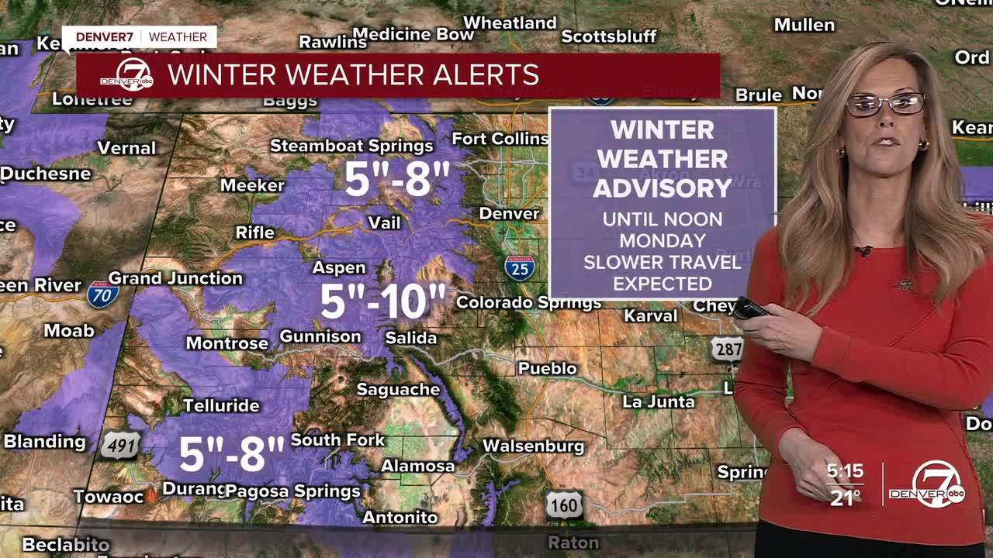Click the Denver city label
click(x=509, y=213)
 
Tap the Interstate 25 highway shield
click(x=519, y=267)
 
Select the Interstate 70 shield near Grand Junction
click(x=102, y=294)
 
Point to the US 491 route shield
click(x=120, y=445)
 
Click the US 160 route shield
click(x=563, y=505)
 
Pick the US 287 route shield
click(x=727, y=349)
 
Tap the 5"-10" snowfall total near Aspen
click(x=383, y=301)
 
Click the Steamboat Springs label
click(x=351, y=146)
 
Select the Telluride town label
click(x=221, y=405)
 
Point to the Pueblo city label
click(x=547, y=368)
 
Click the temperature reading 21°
click(x=844, y=498)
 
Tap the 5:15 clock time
click(x=845, y=471)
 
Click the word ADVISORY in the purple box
click(x=663, y=188)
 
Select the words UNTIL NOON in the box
click(x=662, y=219)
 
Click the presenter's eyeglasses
click(x=885, y=103)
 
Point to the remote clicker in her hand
click(x=749, y=308)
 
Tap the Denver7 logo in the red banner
click(x=127, y=75)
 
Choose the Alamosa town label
click(x=417, y=466)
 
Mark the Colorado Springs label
click(x=528, y=302)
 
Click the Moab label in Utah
click(x=68, y=331)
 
